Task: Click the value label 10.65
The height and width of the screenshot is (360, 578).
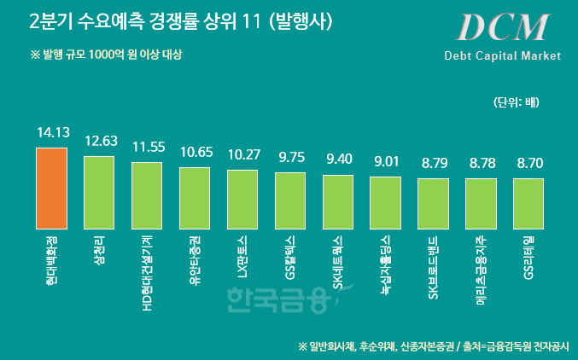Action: [x=195, y=152]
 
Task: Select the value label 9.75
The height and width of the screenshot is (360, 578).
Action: [x=290, y=157]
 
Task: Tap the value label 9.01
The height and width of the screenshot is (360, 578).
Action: [x=386, y=161]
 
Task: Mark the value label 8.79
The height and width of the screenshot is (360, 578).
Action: [x=433, y=162]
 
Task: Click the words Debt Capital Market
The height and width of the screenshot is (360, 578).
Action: [x=502, y=55]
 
